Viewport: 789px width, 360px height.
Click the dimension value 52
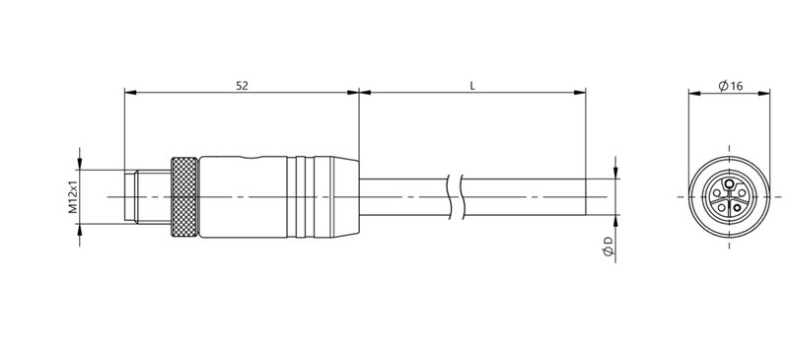(241, 87)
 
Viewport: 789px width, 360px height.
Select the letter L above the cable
(472, 87)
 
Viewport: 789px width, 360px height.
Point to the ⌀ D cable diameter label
(609, 248)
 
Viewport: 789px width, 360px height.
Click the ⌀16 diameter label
(731, 87)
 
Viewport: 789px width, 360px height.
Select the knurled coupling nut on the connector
(183, 198)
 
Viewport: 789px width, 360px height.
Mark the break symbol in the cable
(455, 198)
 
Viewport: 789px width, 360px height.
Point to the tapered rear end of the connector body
(346, 198)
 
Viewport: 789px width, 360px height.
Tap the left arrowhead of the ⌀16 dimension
(691, 95)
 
